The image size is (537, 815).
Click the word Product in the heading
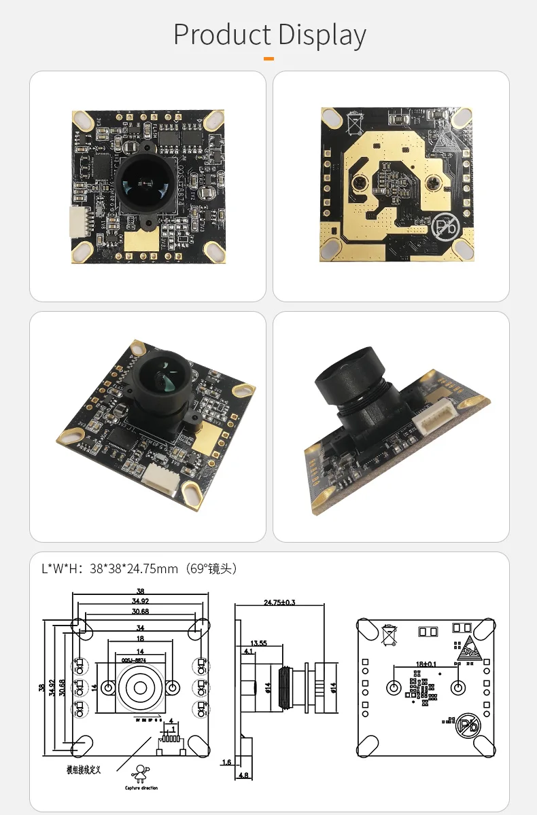pyautogui.click(x=222, y=35)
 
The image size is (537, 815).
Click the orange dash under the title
pyautogui.click(x=268, y=59)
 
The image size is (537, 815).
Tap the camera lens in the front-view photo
pyautogui.click(x=147, y=180)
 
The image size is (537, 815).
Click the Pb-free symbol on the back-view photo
pyautogui.click(x=446, y=225)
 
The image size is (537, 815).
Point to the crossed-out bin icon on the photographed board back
pyautogui.click(x=356, y=124)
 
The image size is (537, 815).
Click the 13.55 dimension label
pyautogui.click(x=258, y=642)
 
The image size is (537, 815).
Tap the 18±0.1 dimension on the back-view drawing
pyautogui.click(x=426, y=664)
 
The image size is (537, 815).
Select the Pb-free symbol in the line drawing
pyautogui.click(x=469, y=726)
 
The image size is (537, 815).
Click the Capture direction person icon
pyautogui.click(x=141, y=772)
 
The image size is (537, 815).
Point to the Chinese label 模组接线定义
pyautogui.click(x=84, y=769)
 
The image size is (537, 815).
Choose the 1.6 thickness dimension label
pyautogui.click(x=226, y=762)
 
